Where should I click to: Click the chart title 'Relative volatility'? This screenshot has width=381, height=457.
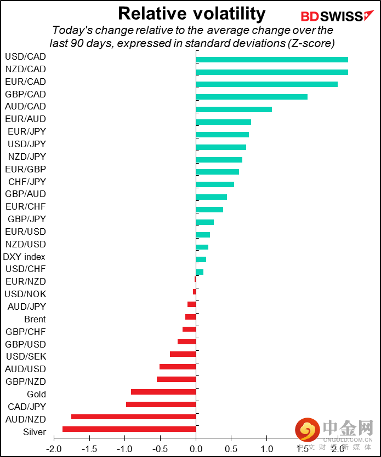click(x=191, y=13)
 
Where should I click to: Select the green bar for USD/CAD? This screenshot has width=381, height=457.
click(x=271, y=60)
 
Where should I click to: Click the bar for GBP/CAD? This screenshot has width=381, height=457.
click(x=251, y=97)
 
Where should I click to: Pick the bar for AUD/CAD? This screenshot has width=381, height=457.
click(x=234, y=109)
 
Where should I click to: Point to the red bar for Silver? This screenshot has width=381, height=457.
click(x=129, y=429)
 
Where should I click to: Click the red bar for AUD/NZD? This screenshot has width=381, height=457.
click(x=133, y=416)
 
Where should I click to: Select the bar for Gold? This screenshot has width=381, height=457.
click(x=163, y=392)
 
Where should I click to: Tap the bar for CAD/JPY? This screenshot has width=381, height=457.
click(x=161, y=404)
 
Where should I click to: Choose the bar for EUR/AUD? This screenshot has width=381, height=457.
click(x=223, y=122)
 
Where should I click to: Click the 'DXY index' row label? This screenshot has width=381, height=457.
click(x=24, y=257)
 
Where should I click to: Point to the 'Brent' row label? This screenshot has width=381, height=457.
click(x=35, y=319)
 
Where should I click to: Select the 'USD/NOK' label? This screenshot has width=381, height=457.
click(x=25, y=294)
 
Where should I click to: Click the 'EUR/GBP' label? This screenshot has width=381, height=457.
click(x=25, y=169)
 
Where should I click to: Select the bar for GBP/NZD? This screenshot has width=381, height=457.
click(x=176, y=379)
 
